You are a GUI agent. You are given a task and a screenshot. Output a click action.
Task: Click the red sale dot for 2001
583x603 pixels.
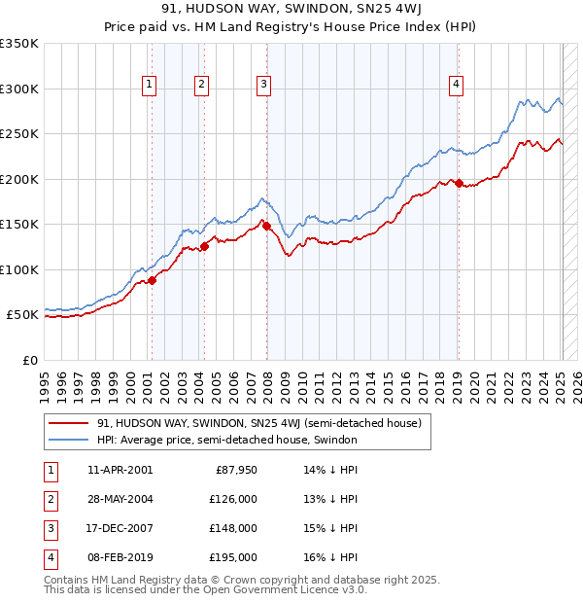[x=153, y=280]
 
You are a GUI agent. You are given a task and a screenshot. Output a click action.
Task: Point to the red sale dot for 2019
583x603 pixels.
[x=459, y=183]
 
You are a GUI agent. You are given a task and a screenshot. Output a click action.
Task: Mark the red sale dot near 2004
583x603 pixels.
[x=205, y=246]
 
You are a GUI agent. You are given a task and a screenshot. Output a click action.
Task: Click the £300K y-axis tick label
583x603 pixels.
[x=19, y=89]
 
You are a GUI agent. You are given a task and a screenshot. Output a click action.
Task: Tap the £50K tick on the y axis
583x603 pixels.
[x=22, y=315]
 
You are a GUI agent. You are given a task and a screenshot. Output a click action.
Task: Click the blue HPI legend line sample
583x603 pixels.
[x=68, y=440]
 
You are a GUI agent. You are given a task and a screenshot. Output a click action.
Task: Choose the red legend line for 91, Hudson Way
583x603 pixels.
[x=68, y=423]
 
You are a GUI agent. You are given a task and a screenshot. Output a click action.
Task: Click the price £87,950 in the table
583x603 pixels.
[x=234, y=471]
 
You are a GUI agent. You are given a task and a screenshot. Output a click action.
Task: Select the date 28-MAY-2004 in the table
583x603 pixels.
[x=120, y=499]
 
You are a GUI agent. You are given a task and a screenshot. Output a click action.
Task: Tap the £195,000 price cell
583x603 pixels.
[x=233, y=557]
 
